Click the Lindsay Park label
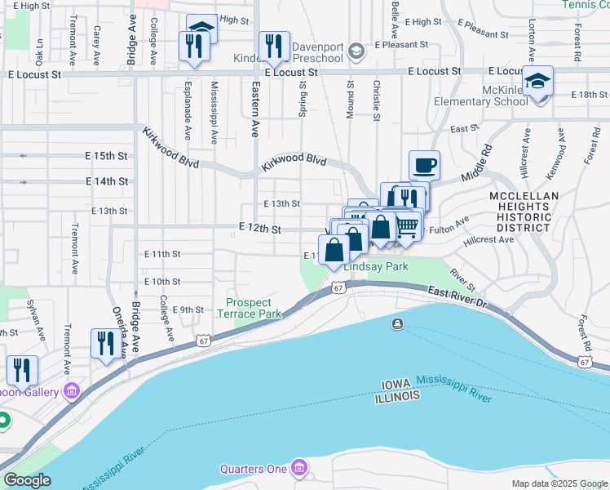[x=375, y=267]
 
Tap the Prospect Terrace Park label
[x=254, y=308]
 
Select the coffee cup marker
[x=424, y=166]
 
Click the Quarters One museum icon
[x=300, y=468]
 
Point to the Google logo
[x=26, y=480]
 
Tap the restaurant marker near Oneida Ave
[x=104, y=344]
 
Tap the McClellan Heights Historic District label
[x=536, y=212]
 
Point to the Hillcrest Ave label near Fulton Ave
[x=488, y=240]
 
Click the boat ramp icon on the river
[x=397, y=325]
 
